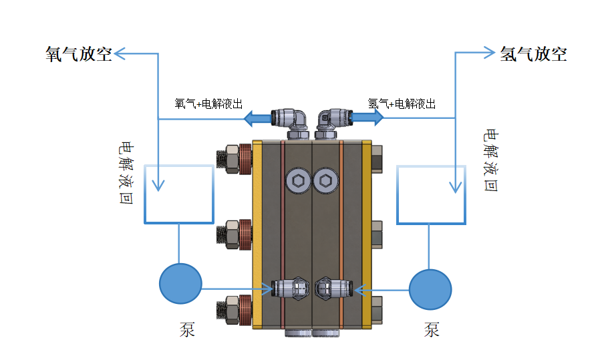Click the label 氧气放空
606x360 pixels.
(x=78, y=54)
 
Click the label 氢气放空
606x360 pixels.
(x=533, y=54)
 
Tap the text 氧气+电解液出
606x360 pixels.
(x=208, y=104)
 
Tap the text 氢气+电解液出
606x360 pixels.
(x=402, y=104)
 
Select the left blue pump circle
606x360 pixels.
(x=180, y=284)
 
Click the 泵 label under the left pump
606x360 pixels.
(x=187, y=329)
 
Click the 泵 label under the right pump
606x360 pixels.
(x=432, y=329)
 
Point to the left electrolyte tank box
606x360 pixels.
(x=179, y=194)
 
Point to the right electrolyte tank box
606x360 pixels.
(x=431, y=194)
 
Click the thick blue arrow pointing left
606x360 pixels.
(x=256, y=120)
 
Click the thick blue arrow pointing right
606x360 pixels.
(x=369, y=118)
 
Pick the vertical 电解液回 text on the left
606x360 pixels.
(x=124, y=172)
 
